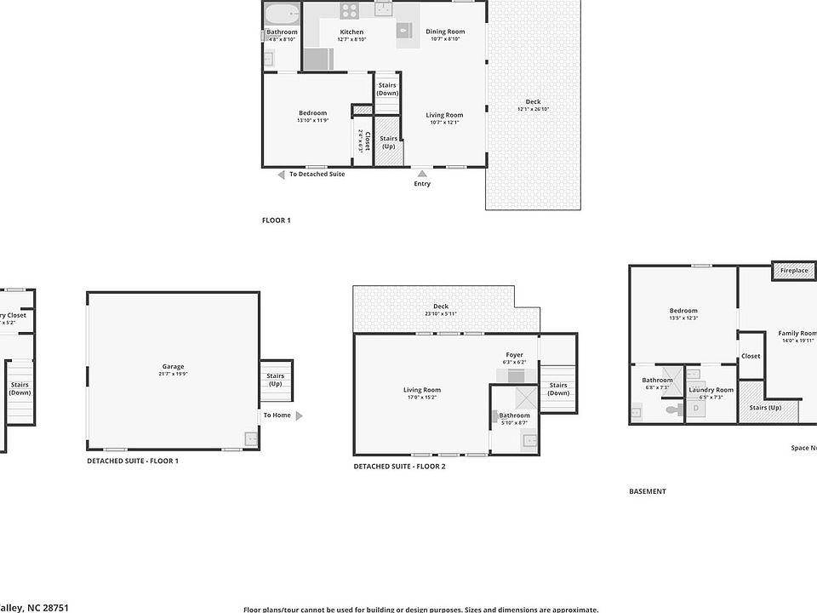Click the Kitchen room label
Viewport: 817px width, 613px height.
[x=351, y=32]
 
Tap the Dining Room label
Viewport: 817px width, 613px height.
[x=445, y=32]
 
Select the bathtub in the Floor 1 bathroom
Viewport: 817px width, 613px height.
[x=282, y=14]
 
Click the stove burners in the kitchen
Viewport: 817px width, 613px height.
[x=350, y=10]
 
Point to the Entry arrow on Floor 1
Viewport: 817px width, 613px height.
[x=422, y=174]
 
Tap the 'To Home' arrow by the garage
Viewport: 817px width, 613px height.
[x=298, y=415]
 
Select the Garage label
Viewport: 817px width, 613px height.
[x=173, y=367]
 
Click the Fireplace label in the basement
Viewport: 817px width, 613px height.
[x=794, y=271]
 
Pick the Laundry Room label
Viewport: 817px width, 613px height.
[x=711, y=390]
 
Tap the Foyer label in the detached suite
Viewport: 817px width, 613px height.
[x=514, y=355]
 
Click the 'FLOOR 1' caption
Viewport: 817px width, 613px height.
[x=276, y=221]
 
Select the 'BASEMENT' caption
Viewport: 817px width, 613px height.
[x=648, y=491]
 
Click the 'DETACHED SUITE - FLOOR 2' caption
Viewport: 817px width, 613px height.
[x=399, y=467]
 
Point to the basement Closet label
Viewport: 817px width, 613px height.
[x=750, y=357]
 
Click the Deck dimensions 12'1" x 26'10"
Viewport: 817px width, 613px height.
[x=533, y=109]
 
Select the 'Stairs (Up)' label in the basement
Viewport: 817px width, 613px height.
[x=765, y=407]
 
